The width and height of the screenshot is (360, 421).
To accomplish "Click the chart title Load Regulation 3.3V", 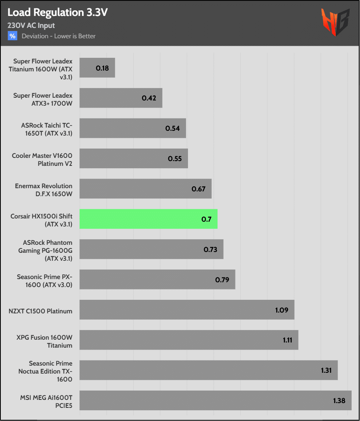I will [57, 13].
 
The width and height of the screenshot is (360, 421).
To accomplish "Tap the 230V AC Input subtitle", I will [31, 26].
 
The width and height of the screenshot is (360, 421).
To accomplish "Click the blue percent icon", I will [12, 36].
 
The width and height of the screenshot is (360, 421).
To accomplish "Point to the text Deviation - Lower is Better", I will [59, 36].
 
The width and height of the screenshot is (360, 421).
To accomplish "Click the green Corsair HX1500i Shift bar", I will [148, 219].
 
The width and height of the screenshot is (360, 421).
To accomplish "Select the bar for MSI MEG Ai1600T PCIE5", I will [216, 400].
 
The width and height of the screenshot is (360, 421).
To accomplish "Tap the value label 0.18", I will [103, 68].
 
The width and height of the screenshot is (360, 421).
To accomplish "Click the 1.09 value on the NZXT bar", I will [282, 310].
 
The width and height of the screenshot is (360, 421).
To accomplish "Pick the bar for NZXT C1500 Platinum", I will [187, 310].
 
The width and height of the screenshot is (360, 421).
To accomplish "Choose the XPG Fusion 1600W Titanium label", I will [44, 341].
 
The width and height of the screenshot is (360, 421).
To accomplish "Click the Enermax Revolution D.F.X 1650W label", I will [44, 190].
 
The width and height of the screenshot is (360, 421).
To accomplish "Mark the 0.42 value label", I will [149, 98].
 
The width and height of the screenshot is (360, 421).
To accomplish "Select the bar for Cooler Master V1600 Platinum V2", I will [134, 159].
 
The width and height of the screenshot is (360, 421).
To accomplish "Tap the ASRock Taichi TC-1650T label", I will [47, 129].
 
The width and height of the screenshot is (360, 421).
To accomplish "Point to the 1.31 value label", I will [326, 370].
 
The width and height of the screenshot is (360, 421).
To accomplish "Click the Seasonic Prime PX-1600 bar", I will [157, 279].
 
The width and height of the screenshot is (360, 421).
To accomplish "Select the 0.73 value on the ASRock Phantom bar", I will [210, 250].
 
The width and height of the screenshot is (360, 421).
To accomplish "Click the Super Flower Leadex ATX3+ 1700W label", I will [43, 99].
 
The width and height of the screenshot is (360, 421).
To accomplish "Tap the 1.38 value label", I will [339, 401].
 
